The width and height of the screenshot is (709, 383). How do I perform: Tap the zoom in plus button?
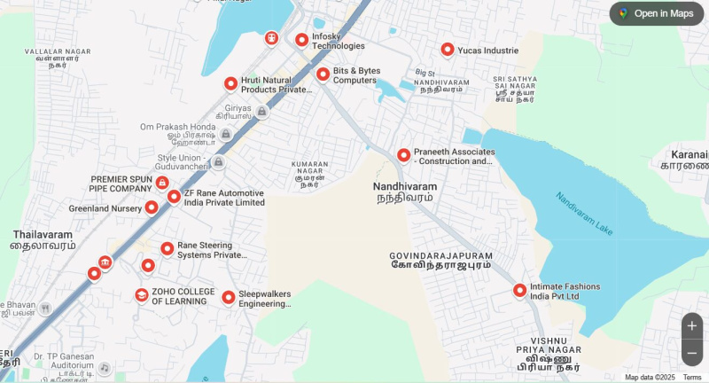pos(692,325)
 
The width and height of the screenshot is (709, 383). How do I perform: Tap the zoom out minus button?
pos(692,352)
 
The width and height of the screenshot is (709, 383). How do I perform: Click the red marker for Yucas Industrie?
pos(448,50)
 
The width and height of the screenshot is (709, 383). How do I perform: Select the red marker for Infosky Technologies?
pos(301,40)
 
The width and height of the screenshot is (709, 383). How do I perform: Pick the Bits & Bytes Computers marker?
pos(323,74)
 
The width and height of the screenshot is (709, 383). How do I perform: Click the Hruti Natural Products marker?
pos(230,83)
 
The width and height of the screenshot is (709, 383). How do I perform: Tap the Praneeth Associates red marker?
pos(403,155)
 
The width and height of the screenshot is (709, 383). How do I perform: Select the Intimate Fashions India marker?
pos(519,290)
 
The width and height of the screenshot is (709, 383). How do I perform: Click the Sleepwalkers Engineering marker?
pos(228,297)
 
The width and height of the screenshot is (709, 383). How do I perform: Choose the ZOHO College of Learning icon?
pos(142,295)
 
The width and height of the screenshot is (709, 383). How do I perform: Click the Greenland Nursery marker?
pos(152,207)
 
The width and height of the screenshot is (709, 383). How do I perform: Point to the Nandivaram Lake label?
pos(584,214)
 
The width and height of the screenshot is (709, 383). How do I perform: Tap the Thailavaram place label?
pos(43,239)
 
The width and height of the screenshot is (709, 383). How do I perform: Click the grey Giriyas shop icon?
pos(261,112)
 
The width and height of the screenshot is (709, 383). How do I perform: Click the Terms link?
pos(692,378)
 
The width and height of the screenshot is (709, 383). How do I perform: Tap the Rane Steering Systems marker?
pos(167,249)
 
